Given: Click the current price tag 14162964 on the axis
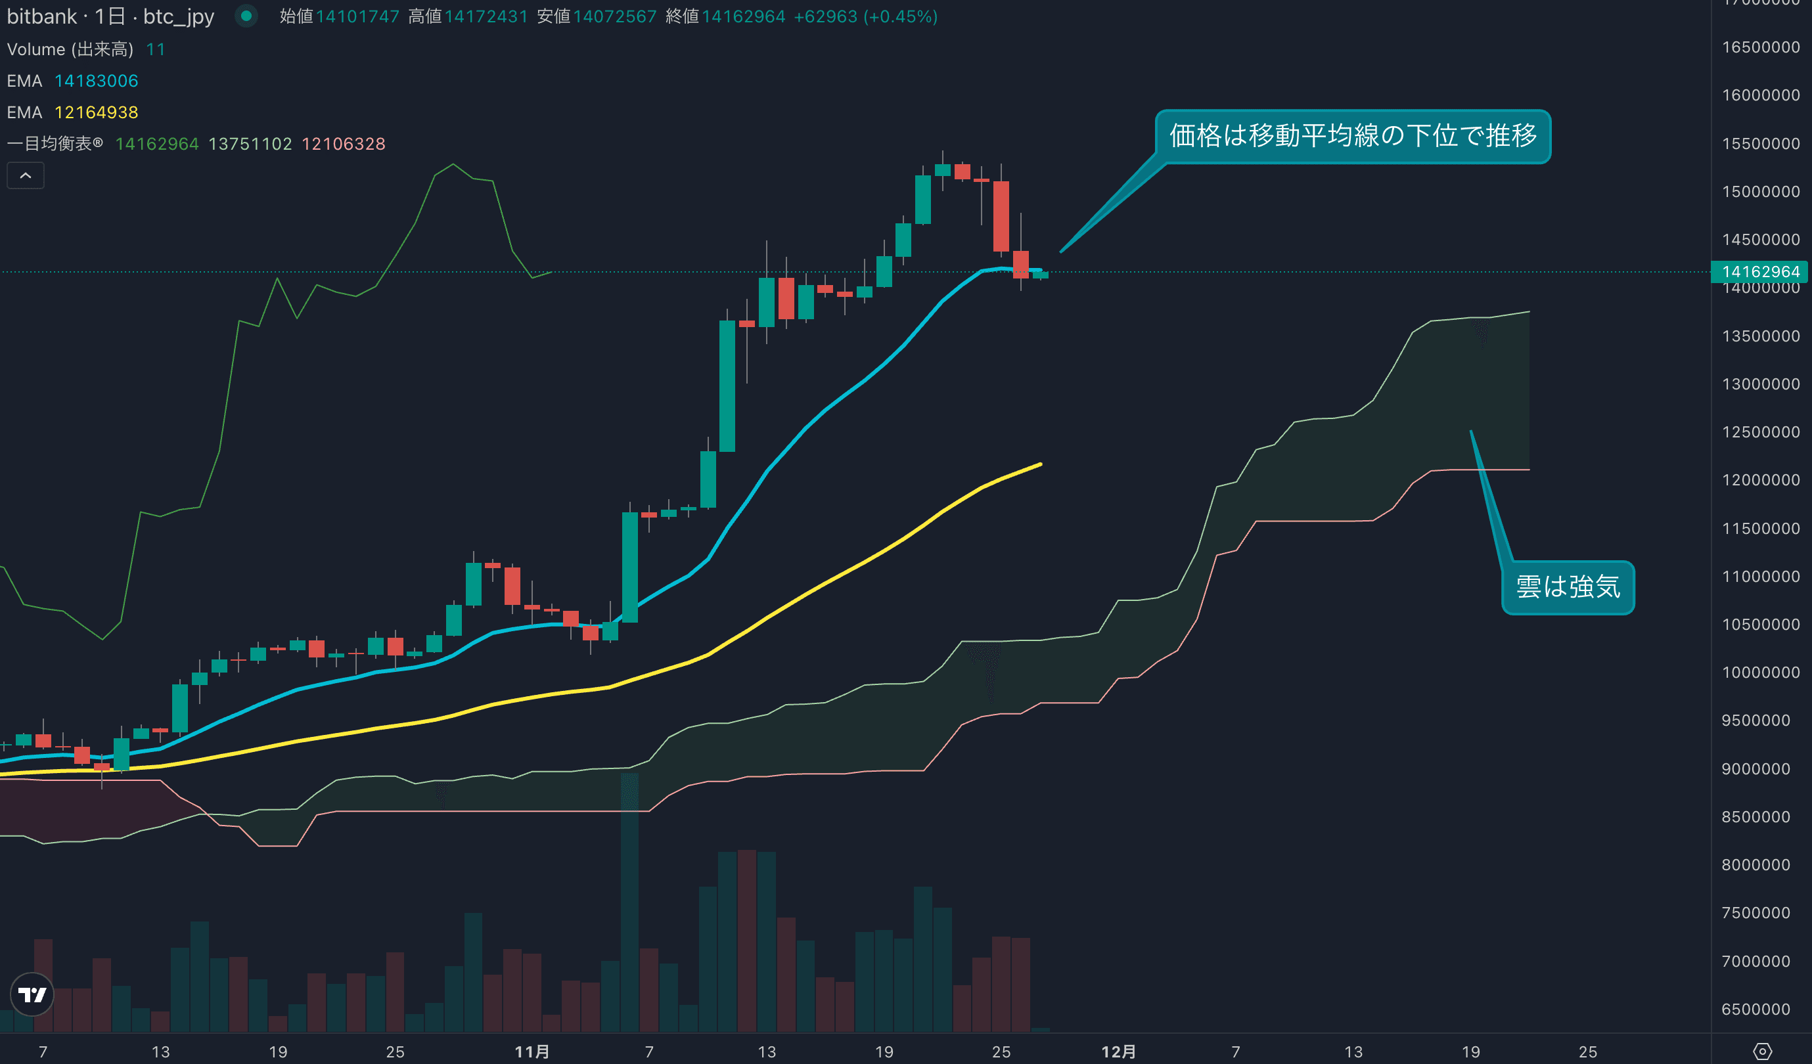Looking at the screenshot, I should [1760, 272].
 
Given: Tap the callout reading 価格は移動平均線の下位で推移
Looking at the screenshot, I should [1353, 136].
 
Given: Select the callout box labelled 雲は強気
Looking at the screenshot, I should [1568, 587].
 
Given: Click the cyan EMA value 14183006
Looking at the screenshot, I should [97, 81].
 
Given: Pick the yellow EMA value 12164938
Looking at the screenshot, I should [97, 112].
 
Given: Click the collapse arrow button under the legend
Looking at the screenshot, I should [25, 175].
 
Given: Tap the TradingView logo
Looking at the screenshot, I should [32, 994].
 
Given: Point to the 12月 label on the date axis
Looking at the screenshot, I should [1118, 1052].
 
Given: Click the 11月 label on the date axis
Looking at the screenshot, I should [532, 1052].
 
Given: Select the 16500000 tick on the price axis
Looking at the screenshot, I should [1760, 47].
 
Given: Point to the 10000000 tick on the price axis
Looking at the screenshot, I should [1760, 672].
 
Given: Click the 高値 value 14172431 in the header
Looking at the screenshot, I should [486, 16].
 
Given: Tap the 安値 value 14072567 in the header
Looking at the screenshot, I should [615, 16].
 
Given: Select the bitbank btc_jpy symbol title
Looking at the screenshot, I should [110, 16].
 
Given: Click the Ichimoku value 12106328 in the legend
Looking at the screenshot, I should [343, 144].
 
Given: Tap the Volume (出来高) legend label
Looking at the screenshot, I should [70, 49].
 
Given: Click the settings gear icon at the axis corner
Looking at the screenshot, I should [1762, 1052].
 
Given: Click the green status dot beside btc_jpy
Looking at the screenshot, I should [246, 16].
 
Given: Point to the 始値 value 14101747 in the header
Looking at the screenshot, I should [357, 16].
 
